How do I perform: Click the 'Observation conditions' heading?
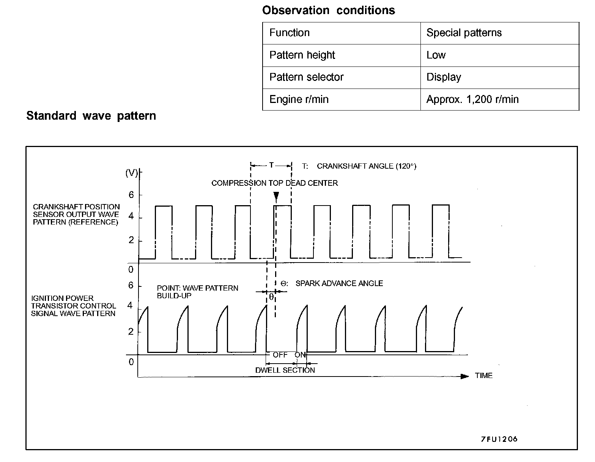328,10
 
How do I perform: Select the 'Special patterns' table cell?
464,33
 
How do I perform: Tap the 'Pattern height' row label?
302,55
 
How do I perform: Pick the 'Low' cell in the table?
436,55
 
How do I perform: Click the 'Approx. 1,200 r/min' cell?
472,100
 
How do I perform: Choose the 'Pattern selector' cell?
306,77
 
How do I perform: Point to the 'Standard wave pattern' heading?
91,115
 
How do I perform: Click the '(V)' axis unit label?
131,173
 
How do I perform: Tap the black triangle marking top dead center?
276,196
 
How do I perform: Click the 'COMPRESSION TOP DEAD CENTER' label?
274,183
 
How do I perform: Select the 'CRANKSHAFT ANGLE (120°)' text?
366,166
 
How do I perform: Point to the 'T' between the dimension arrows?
271,165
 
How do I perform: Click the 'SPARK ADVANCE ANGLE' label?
339,283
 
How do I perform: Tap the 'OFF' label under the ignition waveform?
280,355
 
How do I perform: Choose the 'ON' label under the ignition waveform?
300,355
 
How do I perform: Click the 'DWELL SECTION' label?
285,370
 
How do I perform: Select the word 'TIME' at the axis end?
483,376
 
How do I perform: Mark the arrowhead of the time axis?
465,376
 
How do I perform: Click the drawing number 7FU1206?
499,439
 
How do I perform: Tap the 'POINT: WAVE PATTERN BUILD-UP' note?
197,292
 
